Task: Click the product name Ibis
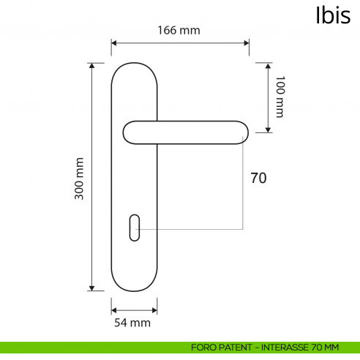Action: (332, 15)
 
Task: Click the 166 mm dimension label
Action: (179, 30)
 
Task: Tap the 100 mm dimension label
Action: (279, 96)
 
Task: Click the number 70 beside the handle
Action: (258, 178)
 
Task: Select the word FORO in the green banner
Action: (202, 347)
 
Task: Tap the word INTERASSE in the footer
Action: (285, 347)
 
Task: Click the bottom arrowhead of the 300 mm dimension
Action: (91, 288)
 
